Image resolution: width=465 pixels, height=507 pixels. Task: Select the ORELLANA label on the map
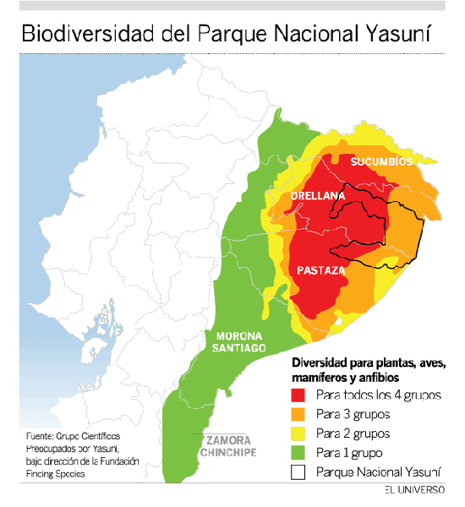tap(318, 196)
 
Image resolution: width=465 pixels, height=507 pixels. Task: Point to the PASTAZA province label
tap(321, 270)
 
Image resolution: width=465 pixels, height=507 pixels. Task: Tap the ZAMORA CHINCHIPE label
tap(227, 446)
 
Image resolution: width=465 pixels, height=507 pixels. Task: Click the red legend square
tap(298, 395)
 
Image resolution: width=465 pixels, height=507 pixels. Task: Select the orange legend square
tap(298, 414)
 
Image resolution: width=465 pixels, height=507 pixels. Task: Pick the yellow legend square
tap(298, 433)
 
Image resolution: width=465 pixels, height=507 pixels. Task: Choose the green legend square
tap(298, 453)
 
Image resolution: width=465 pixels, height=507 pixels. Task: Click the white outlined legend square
tap(298, 472)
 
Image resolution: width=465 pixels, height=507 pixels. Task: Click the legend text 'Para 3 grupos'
tap(352, 414)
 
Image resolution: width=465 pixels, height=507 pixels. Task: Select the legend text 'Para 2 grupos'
tap(352, 433)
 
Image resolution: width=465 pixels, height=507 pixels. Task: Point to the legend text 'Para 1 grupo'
tap(349, 453)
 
